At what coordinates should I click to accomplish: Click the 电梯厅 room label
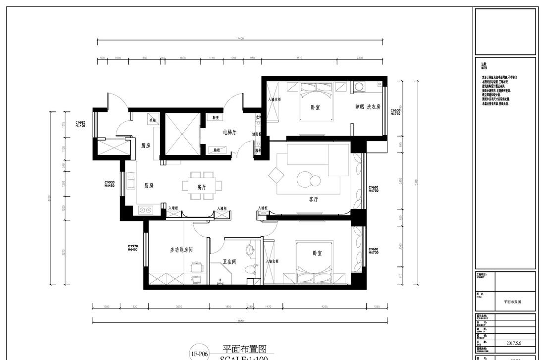230,132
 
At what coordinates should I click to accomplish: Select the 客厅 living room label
313,199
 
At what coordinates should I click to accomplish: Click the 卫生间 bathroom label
229,262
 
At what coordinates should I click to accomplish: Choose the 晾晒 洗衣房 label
367,106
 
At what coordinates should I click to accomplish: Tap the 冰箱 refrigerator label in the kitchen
152,120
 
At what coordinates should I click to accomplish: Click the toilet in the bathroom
250,270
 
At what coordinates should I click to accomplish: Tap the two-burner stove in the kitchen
145,210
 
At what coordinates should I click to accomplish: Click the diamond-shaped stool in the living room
275,175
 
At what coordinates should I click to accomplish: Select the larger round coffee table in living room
303,179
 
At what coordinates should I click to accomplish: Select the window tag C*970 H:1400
132,248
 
